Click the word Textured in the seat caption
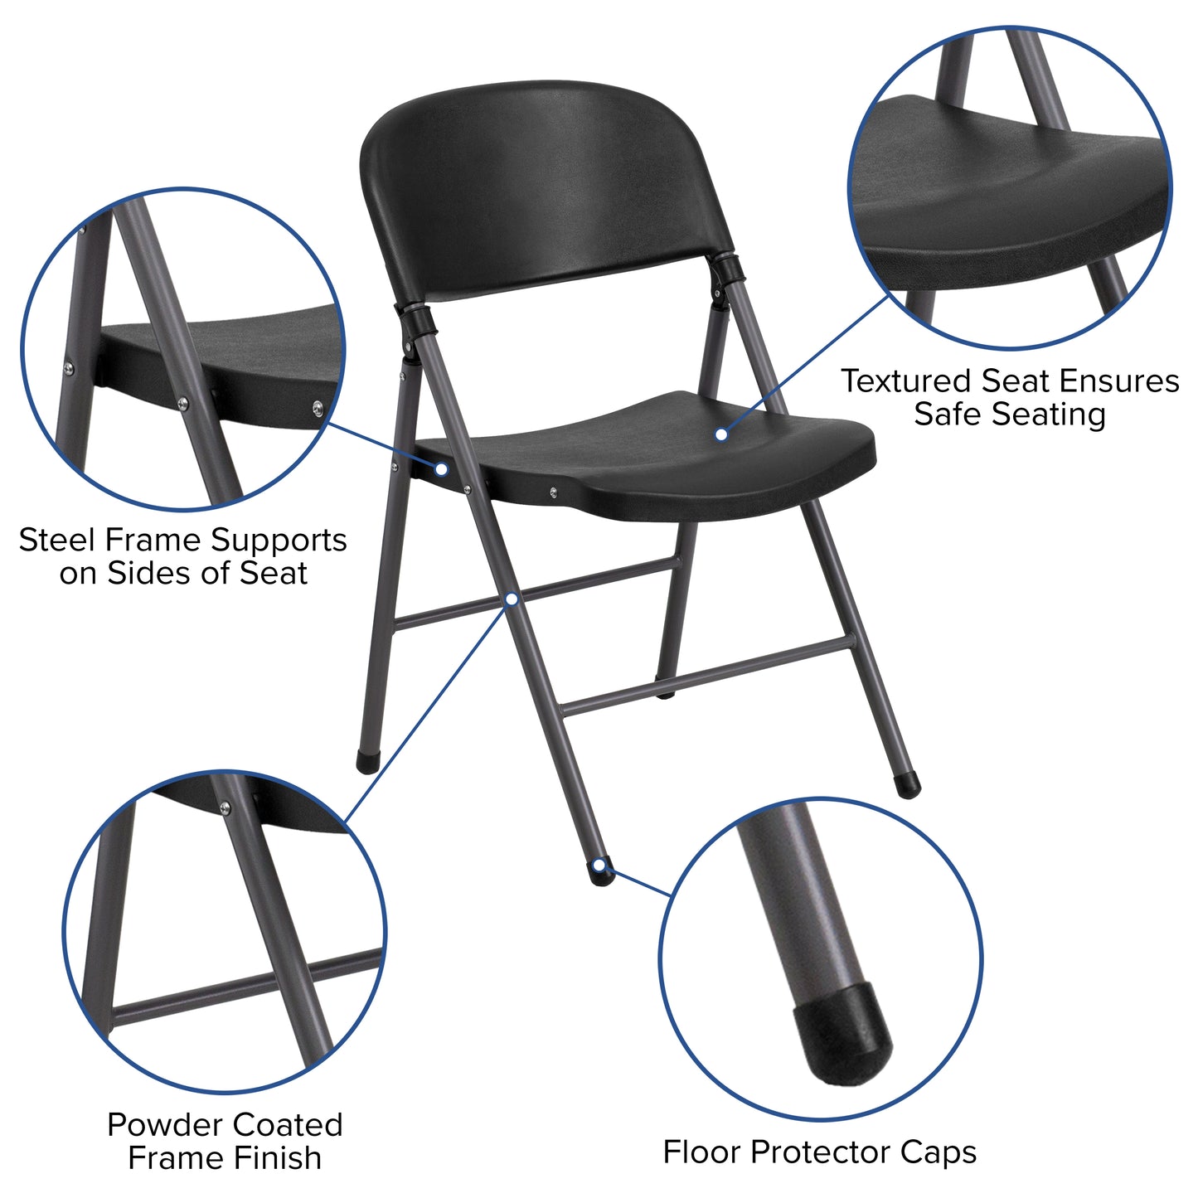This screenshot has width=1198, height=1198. click(x=906, y=381)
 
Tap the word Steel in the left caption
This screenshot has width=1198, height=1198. click(x=52, y=540)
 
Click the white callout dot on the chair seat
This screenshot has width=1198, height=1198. click(x=721, y=434)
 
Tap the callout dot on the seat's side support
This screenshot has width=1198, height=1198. click(x=442, y=469)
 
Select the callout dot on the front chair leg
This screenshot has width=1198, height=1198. click(x=512, y=598)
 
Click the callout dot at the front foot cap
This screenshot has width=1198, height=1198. click(x=599, y=867)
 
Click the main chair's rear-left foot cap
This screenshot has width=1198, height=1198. click(x=366, y=761)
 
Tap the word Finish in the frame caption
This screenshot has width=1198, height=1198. click(x=279, y=1158)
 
